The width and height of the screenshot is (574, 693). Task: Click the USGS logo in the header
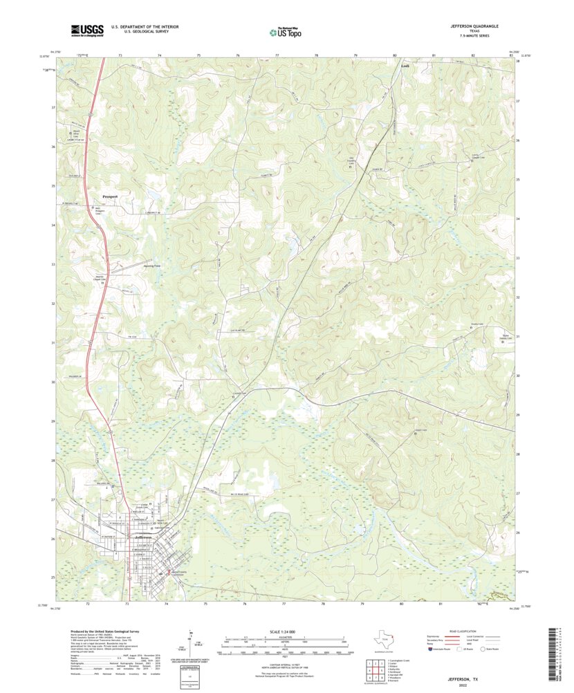tap(87, 30)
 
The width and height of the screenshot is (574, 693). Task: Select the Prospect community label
tap(110, 196)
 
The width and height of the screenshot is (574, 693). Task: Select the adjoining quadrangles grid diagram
tap(375, 670)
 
